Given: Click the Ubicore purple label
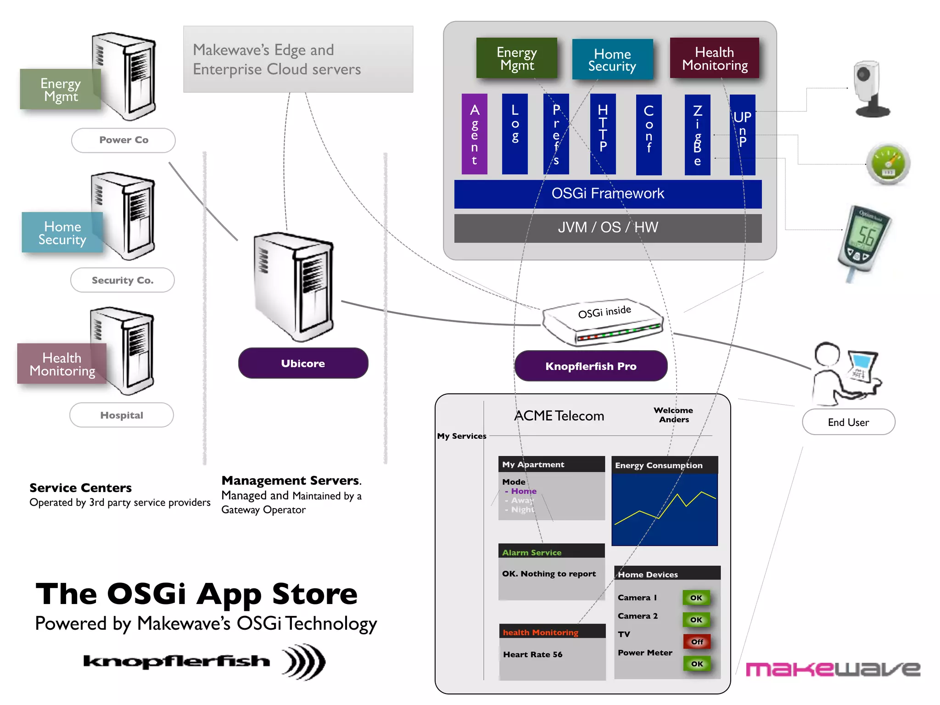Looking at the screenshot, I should [303, 363].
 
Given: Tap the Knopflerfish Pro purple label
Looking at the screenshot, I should [591, 366].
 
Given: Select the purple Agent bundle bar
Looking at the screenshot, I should [474, 134].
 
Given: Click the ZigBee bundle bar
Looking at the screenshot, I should [697, 134].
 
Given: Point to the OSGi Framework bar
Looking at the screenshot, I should [607, 194].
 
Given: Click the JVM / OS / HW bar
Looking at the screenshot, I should [607, 228].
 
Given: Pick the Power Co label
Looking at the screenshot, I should [123, 140].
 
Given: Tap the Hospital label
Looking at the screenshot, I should [122, 415].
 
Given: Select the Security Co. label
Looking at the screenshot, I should [123, 280].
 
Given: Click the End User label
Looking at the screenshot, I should [848, 422].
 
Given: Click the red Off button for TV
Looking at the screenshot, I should [697, 641].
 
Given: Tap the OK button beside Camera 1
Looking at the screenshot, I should [696, 598].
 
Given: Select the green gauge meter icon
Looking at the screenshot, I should [888, 164].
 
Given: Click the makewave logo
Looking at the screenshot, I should [833, 669].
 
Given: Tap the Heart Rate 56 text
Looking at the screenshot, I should [532, 655].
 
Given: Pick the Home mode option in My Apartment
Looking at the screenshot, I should [523, 491].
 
